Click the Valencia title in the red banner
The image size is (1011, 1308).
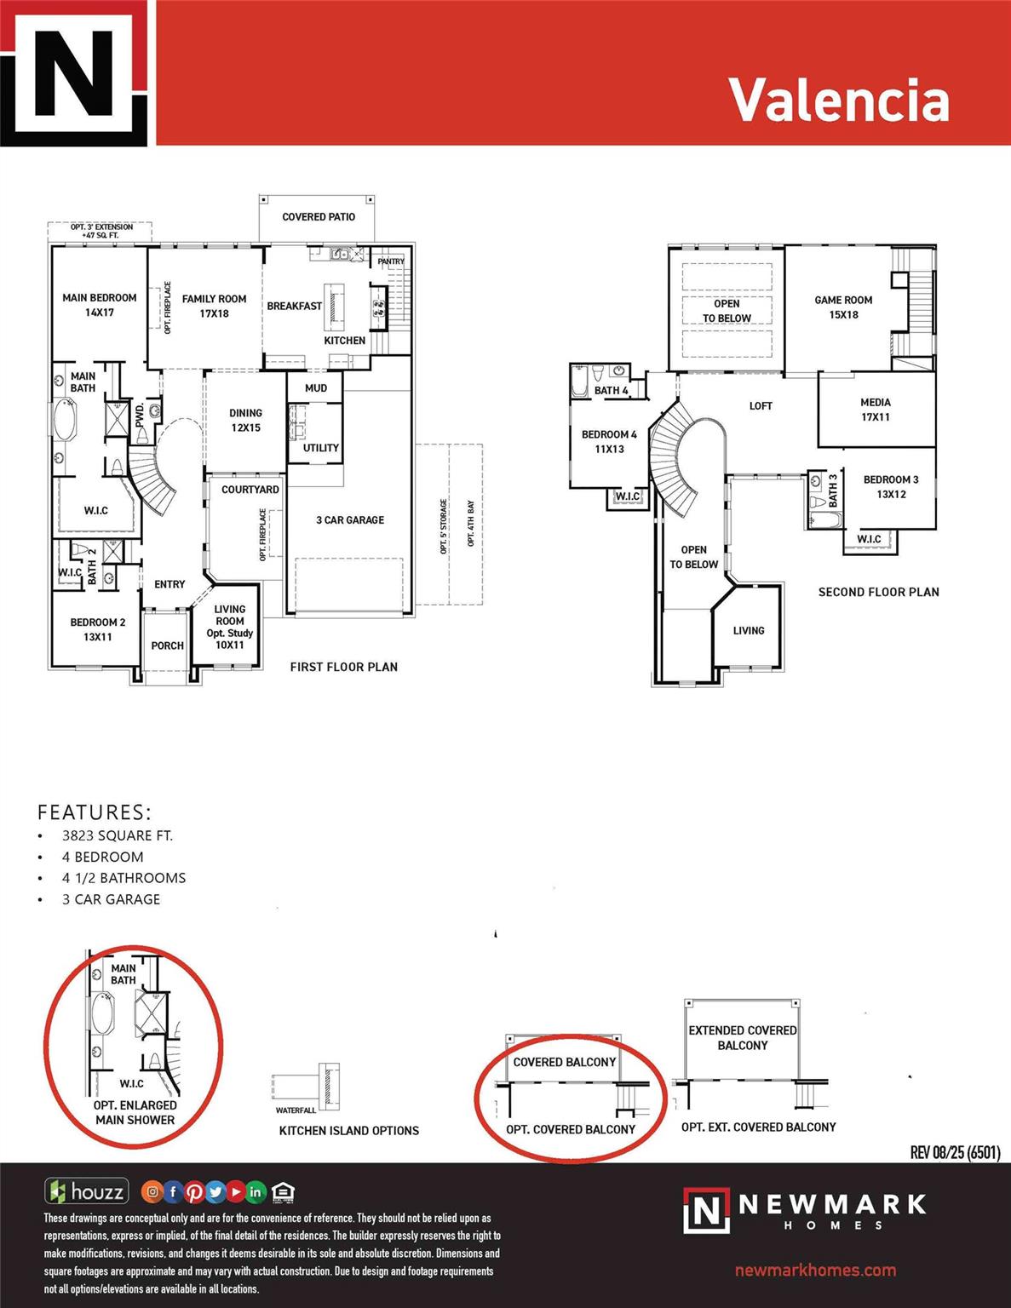click(838, 100)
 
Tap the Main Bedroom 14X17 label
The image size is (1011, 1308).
click(99, 305)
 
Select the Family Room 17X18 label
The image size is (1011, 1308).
click(214, 306)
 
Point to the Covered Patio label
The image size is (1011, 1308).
click(319, 217)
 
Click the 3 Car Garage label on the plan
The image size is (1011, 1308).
click(350, 519)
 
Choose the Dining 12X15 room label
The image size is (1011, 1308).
click(245, 420)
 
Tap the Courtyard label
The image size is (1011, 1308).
click(250, 490)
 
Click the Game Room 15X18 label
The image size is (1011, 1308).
click(843, 307)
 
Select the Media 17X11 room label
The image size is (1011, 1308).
click(875, 410)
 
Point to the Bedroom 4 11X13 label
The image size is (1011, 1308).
click(609, 441)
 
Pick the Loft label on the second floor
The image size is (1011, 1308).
click(761, 406)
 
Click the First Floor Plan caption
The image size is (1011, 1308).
click(343, 667)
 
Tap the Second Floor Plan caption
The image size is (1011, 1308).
click(878, 592)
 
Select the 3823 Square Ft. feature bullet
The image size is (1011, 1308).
click(117, 836)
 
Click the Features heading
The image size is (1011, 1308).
click(94, 812)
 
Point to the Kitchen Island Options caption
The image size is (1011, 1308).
click(348, 1131)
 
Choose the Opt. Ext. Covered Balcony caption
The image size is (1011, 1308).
click(758, 1127)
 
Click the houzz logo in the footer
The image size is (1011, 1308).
click(88, 1191)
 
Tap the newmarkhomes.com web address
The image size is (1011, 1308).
click(815, 1271)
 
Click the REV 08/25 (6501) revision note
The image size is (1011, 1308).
click(955, 1152)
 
